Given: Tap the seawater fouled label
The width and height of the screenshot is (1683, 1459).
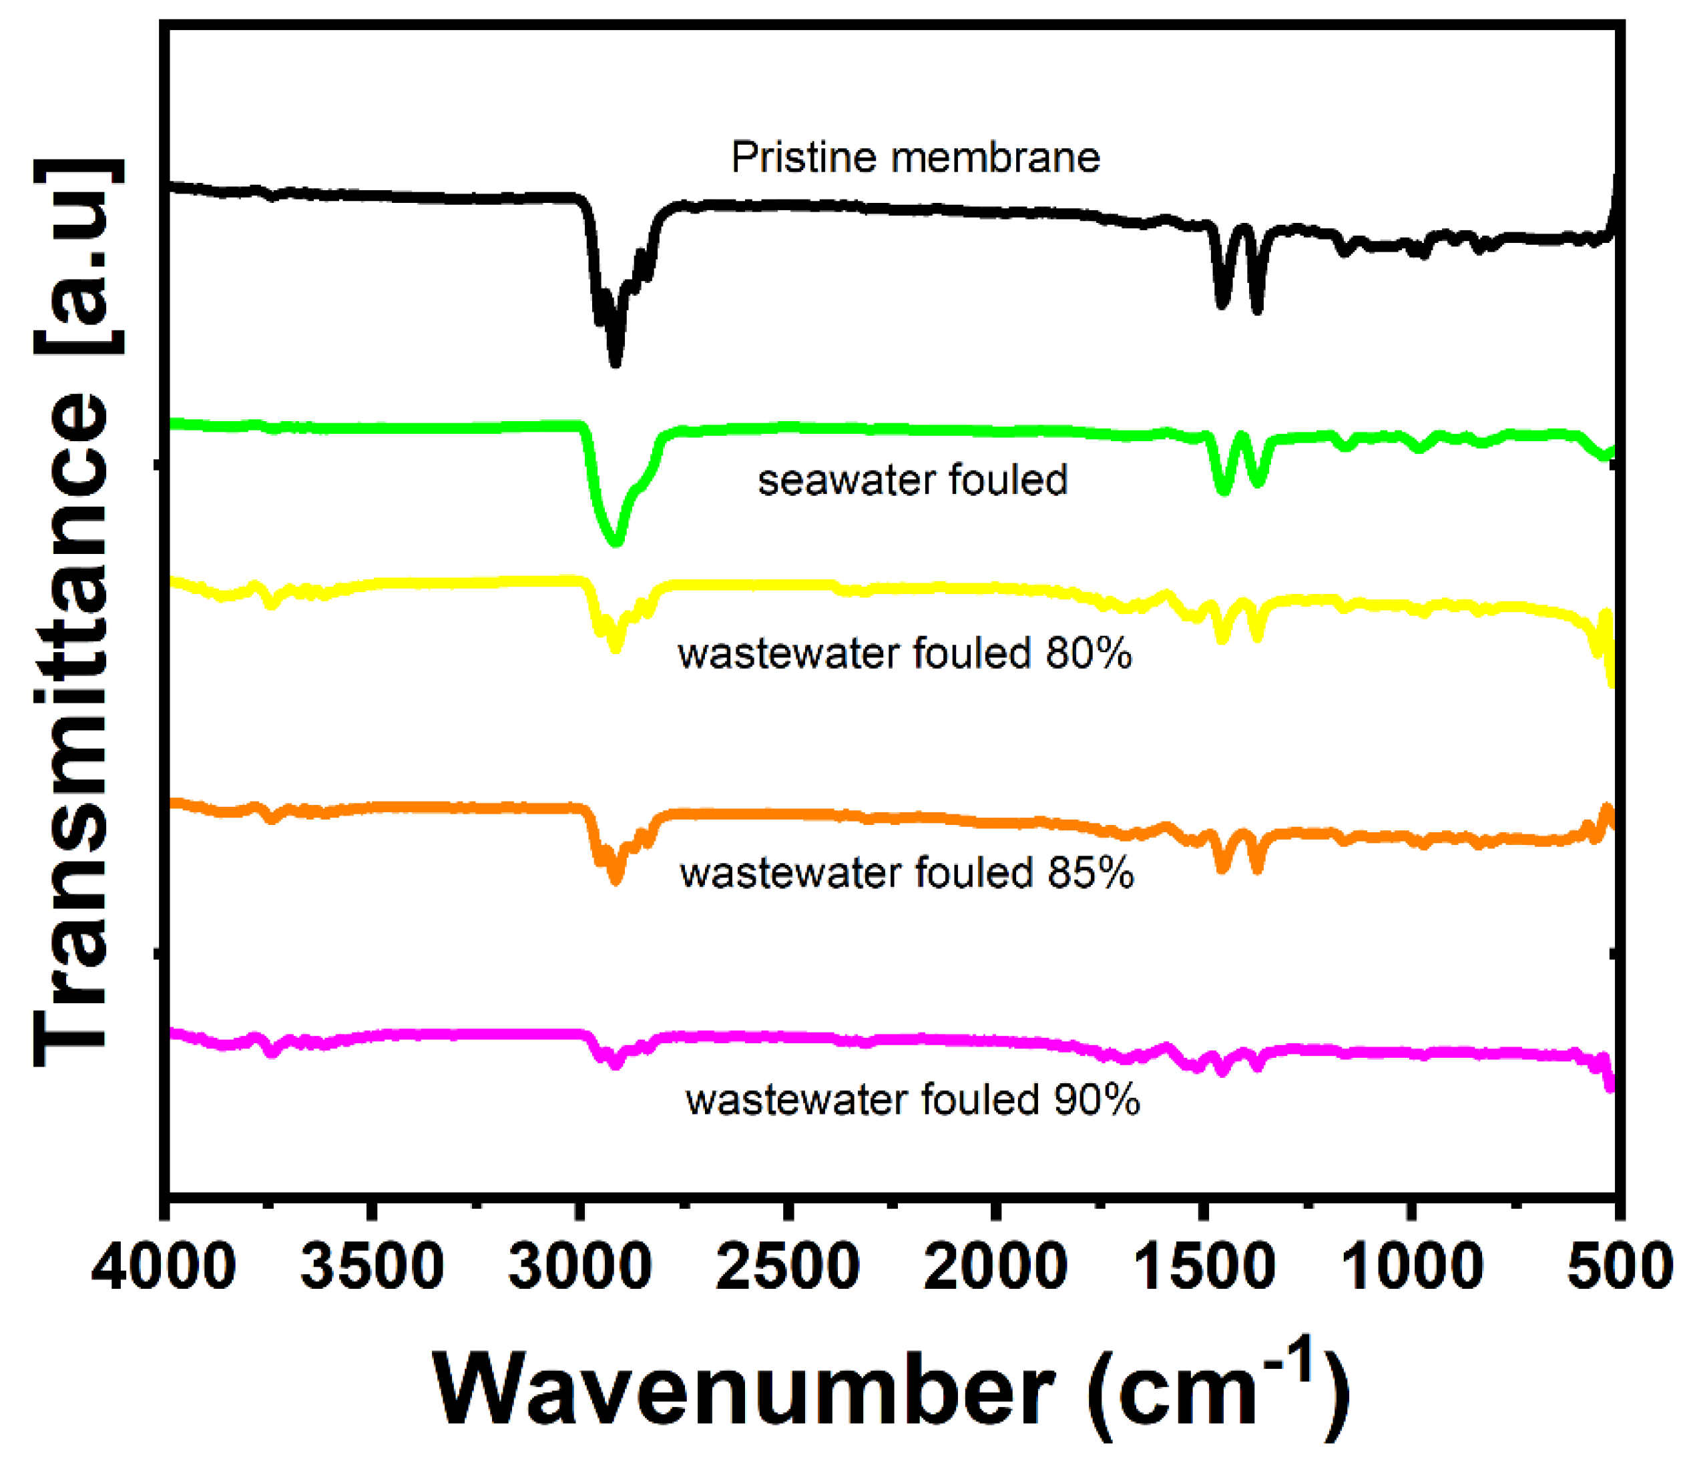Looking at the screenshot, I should (x=913, y=481).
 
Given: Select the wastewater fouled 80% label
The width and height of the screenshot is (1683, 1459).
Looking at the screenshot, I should (x=905, y=654).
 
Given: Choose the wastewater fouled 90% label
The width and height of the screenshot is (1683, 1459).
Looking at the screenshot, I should (x=913, y=1100).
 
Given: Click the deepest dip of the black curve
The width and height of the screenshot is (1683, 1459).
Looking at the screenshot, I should (x=616, y=362).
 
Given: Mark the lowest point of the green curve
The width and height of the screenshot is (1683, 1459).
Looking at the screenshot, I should (x=616, y=541).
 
